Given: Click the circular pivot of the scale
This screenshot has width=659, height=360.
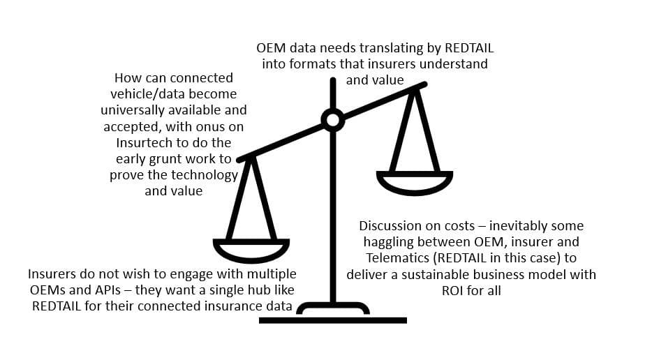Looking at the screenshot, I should point(332,120).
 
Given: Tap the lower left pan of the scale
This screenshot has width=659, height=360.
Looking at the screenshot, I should point(250,249).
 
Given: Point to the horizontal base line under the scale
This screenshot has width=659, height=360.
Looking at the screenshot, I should point(332,320).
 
